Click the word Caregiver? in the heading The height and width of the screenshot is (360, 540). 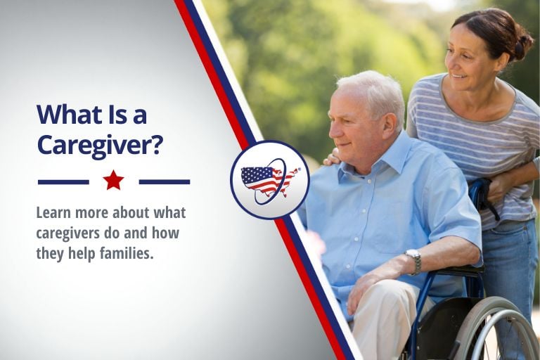tap(100, 145)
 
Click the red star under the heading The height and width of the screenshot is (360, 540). tap(113, 181)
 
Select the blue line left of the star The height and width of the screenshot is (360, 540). tap(63, 181)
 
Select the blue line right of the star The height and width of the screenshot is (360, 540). tap(164, 181)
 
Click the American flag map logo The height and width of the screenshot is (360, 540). tap(269, 180)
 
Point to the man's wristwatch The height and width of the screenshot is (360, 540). tap(414, 261)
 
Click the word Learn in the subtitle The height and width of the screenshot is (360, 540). tap(54, 212)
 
